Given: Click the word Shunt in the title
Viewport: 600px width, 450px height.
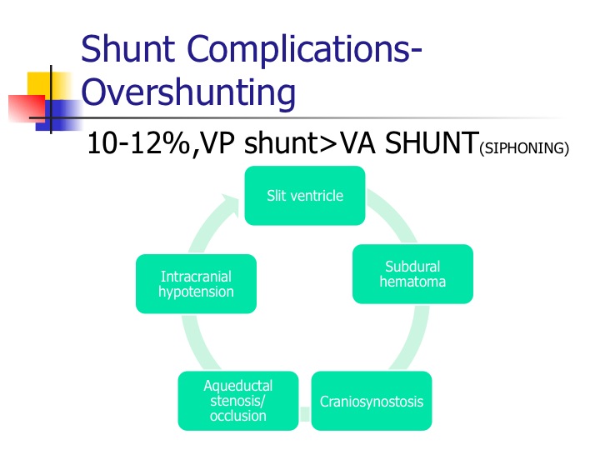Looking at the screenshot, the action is click(x=128, y=48).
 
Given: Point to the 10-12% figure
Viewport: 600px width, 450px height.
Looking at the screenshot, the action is click(x=138, y=143).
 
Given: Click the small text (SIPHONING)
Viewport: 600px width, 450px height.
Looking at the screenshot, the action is click(x=524, y=148).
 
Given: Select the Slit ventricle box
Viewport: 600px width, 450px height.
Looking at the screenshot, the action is click(x=305, y=196).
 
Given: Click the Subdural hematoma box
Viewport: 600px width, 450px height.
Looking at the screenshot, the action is click(x=412, y=274).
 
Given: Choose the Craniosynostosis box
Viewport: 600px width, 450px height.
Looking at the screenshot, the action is click(x=372, y=401).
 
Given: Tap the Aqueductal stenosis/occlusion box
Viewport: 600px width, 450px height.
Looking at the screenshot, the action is click(x=238, y=401).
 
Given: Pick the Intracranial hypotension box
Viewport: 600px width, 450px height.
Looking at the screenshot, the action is click(x=196, y=284).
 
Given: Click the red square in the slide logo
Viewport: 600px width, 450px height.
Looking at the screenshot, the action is click(x=27, y=109).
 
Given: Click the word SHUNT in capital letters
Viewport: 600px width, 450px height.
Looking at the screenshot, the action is click(x=432, y=142).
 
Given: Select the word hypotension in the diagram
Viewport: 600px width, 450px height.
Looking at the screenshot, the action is click(x=196, y=292).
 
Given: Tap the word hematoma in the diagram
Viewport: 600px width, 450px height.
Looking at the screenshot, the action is click(x=412, y=282).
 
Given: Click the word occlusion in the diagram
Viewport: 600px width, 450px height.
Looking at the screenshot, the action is click(x=238, y=416).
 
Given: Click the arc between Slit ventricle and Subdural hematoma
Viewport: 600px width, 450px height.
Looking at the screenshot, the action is click(x=395, y=213).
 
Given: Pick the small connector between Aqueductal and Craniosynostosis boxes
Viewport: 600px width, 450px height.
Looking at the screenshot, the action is click(x=305, y=414).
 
